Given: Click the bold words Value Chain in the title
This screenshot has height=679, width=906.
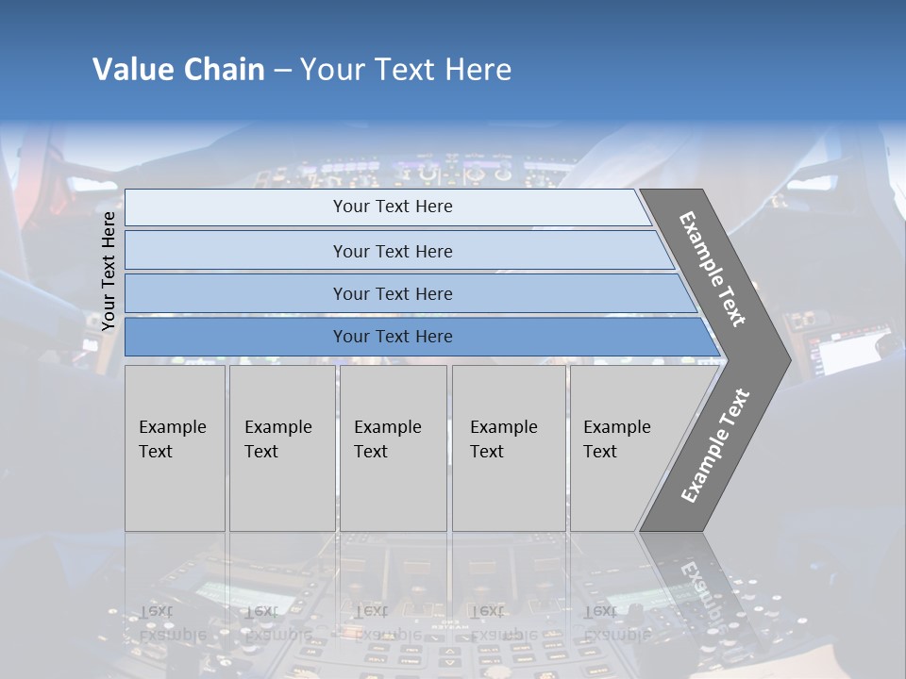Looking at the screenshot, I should click(x=178, y=70).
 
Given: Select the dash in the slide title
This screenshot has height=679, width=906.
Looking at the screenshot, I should click(x=282, y=71).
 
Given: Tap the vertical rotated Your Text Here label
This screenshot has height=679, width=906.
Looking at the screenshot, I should click(x=109, y=272).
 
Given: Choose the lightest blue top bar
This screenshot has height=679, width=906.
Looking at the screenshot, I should click(x=392, y=207).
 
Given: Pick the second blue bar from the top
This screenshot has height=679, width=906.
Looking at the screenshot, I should click(x=392, y=251).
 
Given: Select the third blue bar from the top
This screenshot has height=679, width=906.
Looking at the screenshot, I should click(x=392, y=293).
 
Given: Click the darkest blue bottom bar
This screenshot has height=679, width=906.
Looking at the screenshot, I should click(x=392, y=337).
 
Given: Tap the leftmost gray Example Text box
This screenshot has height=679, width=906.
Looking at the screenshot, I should click(x=175, y=448).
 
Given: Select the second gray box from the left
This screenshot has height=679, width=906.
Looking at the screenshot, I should click(x=281, y=448).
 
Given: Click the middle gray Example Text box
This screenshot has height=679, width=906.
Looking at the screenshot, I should click(x=393, y=448).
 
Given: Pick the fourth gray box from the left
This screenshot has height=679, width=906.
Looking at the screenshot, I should click(x=508, y=448).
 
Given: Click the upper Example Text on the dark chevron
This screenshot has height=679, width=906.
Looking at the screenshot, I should click(x=713, y=269).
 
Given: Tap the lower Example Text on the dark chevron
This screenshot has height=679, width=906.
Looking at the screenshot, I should click(x=714, y=445).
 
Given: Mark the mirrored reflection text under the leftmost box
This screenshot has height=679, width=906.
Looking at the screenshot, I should click(x=172, y=622).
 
